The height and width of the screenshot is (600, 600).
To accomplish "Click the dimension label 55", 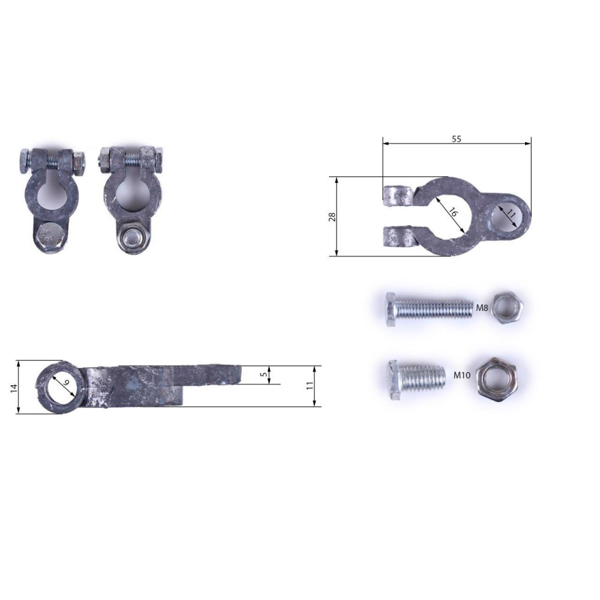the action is [x=456, y=139].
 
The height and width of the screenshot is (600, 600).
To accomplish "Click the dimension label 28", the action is [x=332, y=217].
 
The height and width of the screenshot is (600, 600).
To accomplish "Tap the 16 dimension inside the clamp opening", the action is [x=452, y=212].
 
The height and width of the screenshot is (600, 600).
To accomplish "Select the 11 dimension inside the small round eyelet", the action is [x=511, y=213].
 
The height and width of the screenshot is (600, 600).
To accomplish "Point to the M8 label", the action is [x=482, y=307].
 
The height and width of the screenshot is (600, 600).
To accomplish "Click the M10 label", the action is [x=462, y=375].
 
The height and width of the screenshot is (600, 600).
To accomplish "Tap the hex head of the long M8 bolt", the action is [x=391, y=309].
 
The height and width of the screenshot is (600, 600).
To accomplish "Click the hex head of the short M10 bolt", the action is [x=395, y=380].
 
